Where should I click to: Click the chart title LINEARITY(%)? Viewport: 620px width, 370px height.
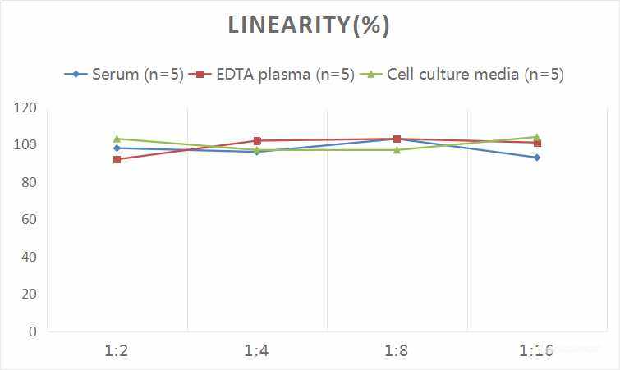(309, 25)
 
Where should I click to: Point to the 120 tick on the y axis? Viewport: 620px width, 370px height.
(25, 108)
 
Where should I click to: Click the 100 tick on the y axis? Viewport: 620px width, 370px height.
(25, 145)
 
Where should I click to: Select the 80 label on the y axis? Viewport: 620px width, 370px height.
(29, 182)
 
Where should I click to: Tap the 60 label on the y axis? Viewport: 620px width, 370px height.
(29, 220)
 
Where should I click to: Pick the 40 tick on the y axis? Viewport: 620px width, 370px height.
(29, 257)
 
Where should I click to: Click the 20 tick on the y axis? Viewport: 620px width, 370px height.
(29, 294)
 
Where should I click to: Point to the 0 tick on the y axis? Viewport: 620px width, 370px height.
(32, 331)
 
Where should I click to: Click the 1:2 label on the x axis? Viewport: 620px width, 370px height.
(117, 351)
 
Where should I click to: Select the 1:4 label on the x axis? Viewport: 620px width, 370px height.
(257, 351)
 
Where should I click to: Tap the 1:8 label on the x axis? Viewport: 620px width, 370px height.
(397, 351)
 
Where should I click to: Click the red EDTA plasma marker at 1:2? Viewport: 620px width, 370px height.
(117, 159)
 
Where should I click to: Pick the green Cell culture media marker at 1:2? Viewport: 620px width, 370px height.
(117, 139)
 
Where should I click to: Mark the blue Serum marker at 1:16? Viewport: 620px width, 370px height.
(537, 158)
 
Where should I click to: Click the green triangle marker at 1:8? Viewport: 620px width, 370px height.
(397, 150)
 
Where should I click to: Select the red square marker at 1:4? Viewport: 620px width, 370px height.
(257, 141)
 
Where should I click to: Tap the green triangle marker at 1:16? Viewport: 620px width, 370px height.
(537, 137)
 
